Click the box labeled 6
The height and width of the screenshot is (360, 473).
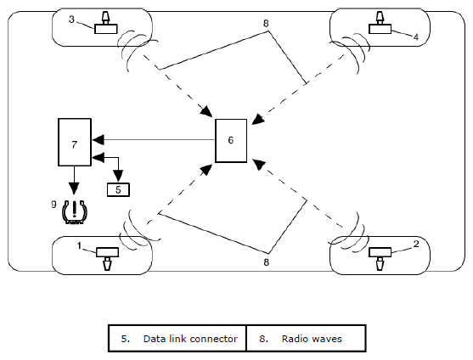(x=231, y=140)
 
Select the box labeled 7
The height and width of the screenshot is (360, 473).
(x=75, y=142)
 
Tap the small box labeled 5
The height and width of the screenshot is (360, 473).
(x=118, y=189)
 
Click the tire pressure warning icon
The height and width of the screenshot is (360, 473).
(x=74, y=212)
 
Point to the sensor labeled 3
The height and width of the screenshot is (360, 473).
(x=105, y=24)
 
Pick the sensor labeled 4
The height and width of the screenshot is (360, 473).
(x=380, y=24)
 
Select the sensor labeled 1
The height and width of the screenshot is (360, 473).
(x=107, y=258)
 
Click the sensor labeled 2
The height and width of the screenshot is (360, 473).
(x=380, y=258)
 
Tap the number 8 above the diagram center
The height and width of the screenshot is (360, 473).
(x=266, y=23)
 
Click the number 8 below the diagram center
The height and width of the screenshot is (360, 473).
(x=266, y=262)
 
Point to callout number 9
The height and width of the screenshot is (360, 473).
(x=53, y=205)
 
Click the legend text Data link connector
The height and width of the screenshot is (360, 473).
(x=190, y=339)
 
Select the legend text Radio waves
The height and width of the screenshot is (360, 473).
(x=312, y=339)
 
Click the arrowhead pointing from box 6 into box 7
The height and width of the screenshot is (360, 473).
(x=99, y=140)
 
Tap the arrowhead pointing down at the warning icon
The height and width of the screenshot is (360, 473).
(x=74, y=188)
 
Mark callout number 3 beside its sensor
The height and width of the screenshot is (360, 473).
(x=71, y=20)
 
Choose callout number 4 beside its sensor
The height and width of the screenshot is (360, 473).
(x=416, y=37)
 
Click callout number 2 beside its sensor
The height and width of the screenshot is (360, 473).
(x=416, y=244)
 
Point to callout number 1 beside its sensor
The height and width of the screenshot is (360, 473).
(x=79, y=246)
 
